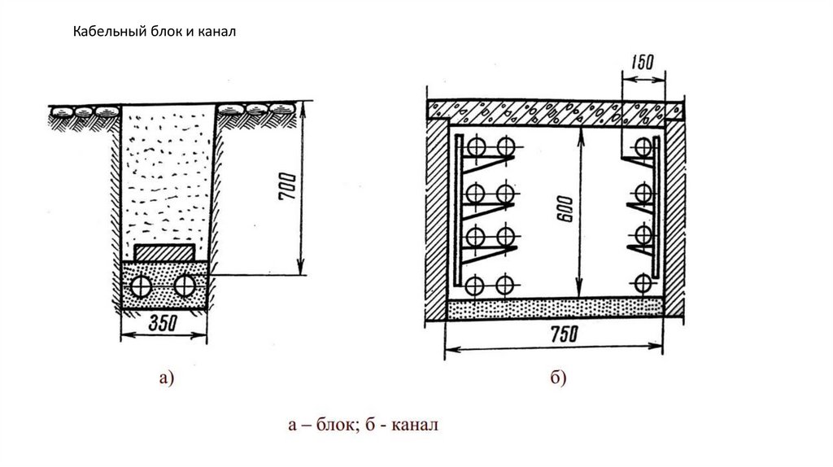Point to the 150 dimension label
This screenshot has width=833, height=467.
click(643, 62)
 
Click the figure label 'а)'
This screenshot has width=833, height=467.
click(167, 377)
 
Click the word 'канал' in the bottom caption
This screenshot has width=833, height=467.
click(415, 426)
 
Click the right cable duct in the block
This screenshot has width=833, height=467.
click(186, 286)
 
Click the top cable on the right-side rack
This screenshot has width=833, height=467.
click(644, 146)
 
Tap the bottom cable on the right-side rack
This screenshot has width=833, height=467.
click(644, 283)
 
